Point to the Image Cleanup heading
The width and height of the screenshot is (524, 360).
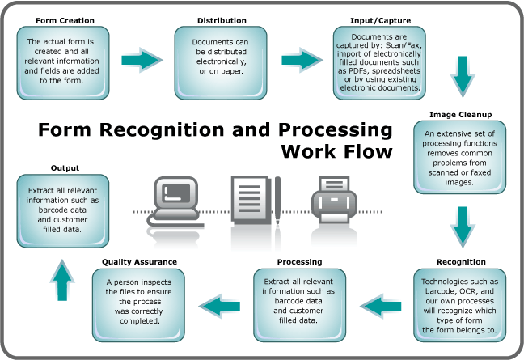[462, 114]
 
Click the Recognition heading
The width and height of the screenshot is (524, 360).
[460, 262]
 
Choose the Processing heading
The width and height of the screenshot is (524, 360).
[299, 262]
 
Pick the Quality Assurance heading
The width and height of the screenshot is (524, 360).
[140, 262]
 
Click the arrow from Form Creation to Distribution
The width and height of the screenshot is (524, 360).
[142, 59]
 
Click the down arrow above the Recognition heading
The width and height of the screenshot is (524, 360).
[462, 226]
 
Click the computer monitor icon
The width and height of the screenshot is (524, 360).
[175, 197]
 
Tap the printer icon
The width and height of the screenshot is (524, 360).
[334, 200]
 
